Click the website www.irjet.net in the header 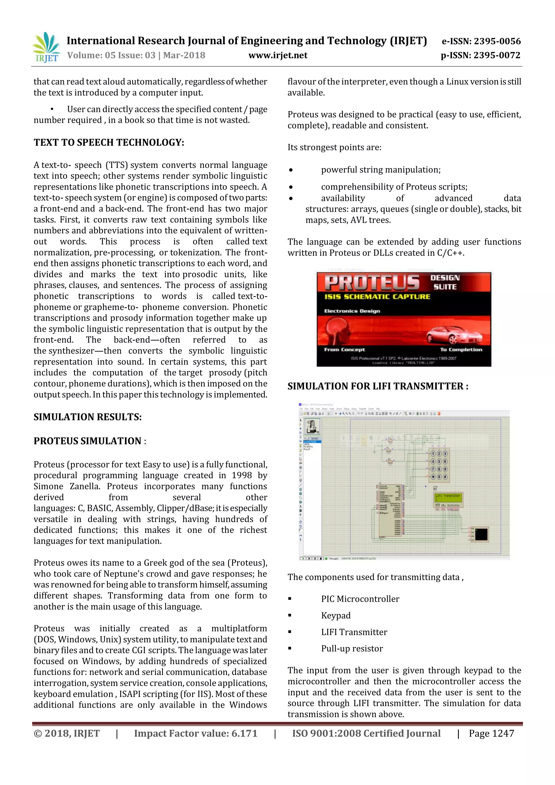point(278,55)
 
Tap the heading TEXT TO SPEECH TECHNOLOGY point(109,143)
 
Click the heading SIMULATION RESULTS point(88,417)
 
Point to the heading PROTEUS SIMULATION point(88,441)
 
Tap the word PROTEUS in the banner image point(372,282)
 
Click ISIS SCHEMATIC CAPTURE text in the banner point(377,297)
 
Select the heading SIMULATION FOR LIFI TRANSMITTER point(377,386)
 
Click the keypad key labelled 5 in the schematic point(439,461)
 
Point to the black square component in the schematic point(481,534)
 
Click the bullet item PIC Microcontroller point(360,599)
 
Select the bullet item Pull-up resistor point(352,649)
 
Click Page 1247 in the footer point(491,733)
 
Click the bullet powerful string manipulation point(380,170)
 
